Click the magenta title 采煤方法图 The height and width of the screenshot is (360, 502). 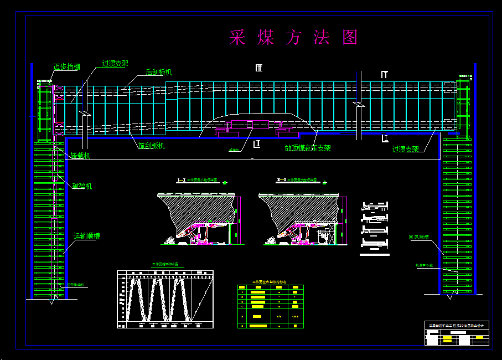[x=294, y=37]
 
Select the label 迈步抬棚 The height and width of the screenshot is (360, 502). [x=66, y=66]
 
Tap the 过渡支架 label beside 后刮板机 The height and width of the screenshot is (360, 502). [x=115, y=63]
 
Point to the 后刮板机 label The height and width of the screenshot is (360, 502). [x=158, y=72]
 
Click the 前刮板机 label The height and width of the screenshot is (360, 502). [x=151, y=146]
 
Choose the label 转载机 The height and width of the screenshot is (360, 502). [x=80, y=156]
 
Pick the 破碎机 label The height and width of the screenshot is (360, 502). [x=82, y=186]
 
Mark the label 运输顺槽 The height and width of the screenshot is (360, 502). [x=87, y=236]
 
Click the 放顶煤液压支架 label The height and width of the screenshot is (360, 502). [x=308, y=148]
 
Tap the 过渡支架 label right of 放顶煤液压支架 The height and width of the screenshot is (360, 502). [x=405, y=149]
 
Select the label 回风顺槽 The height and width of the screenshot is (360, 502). [x=420, y=237]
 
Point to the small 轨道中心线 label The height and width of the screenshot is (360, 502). [x=424, y=265]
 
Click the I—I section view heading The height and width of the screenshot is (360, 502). [x=198, y=181]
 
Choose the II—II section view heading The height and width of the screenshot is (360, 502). [x=298, y=181]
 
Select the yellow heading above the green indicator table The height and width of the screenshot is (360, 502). [x=270, y=282]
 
